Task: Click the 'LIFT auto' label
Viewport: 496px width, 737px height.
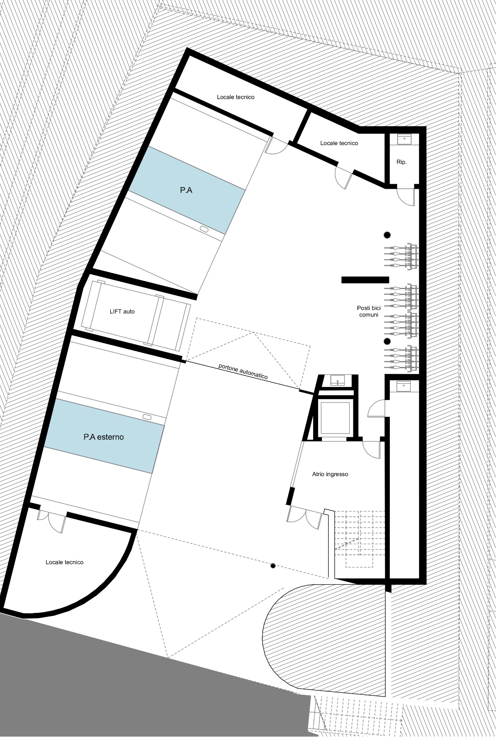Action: point(122,312)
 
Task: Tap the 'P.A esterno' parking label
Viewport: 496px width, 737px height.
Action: point(104,437)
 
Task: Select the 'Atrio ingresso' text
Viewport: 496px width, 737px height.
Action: point(330,474)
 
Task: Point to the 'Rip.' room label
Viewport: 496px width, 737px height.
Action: point(402,162)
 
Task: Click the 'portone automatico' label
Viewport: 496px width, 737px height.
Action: point(243,371)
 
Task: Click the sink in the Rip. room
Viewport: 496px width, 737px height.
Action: point(405,139)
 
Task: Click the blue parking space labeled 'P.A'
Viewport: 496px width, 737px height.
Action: point(187,190)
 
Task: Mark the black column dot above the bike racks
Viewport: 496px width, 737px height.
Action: point(387,235)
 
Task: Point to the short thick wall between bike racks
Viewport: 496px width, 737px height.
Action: point(365,280)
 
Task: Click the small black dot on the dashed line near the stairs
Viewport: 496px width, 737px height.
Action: point(273,566)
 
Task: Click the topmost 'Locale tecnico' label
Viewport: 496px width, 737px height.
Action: point(236,97)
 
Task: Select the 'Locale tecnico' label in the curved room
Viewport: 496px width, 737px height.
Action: point(64,562)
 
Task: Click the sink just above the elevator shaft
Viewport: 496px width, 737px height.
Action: point(337,381)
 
